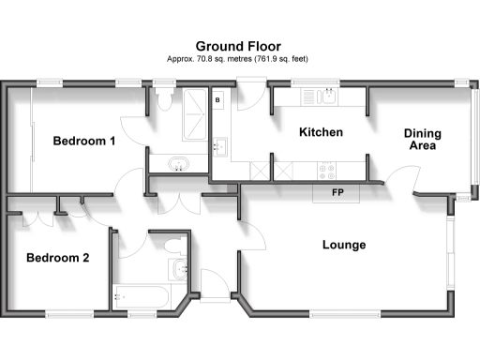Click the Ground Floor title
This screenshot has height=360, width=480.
(239, 45)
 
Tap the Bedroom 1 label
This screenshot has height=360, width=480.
(84, 142)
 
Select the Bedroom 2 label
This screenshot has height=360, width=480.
(57, 258)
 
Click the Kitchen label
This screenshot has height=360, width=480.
(321, 133)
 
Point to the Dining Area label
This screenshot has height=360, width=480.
(423, 140)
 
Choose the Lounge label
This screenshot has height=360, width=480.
(344, 246)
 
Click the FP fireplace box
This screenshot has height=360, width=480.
(337, 193)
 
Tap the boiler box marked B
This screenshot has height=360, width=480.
(217, 99)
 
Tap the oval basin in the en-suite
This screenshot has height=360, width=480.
(178, 166)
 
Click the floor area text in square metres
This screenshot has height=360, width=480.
(238, 59)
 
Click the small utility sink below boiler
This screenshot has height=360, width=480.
(220, 146)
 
